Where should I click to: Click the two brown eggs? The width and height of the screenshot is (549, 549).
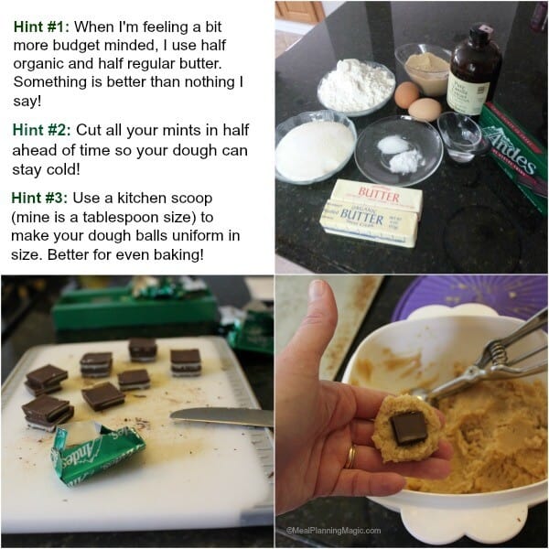pyautogui.click(x=416, y=102)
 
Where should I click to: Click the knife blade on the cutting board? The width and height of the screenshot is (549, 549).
pyautogui.click(x=221, y=416)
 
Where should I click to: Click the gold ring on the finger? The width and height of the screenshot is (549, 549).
pyautogui.click(x=351, y=455)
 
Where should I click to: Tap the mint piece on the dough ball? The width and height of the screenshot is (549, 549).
pyautogui.click(x=409, y=425)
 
